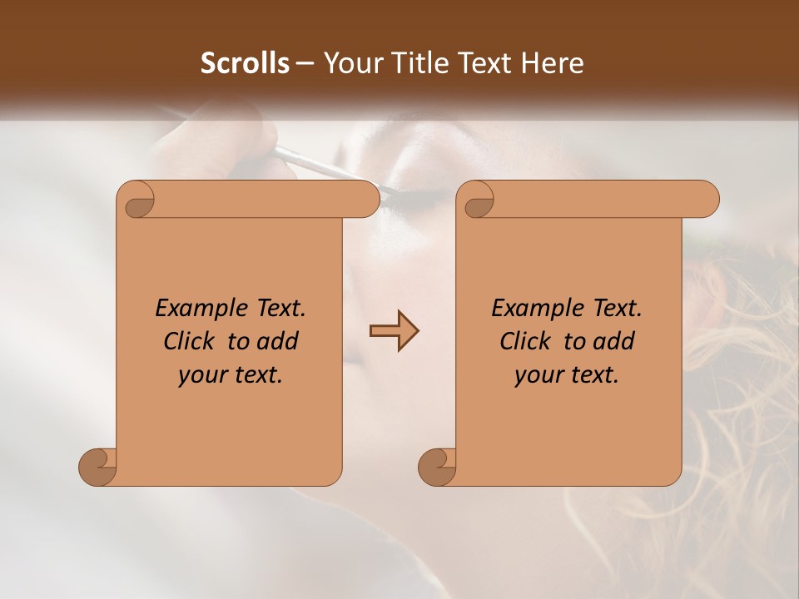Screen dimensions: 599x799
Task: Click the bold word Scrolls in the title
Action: pyautogui.click(x=245, y=63)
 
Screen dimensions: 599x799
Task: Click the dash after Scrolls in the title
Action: pyautogui.click(x=305, y=63)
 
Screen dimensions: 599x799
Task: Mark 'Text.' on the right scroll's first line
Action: pyautogui.click(x=617, y=309)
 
